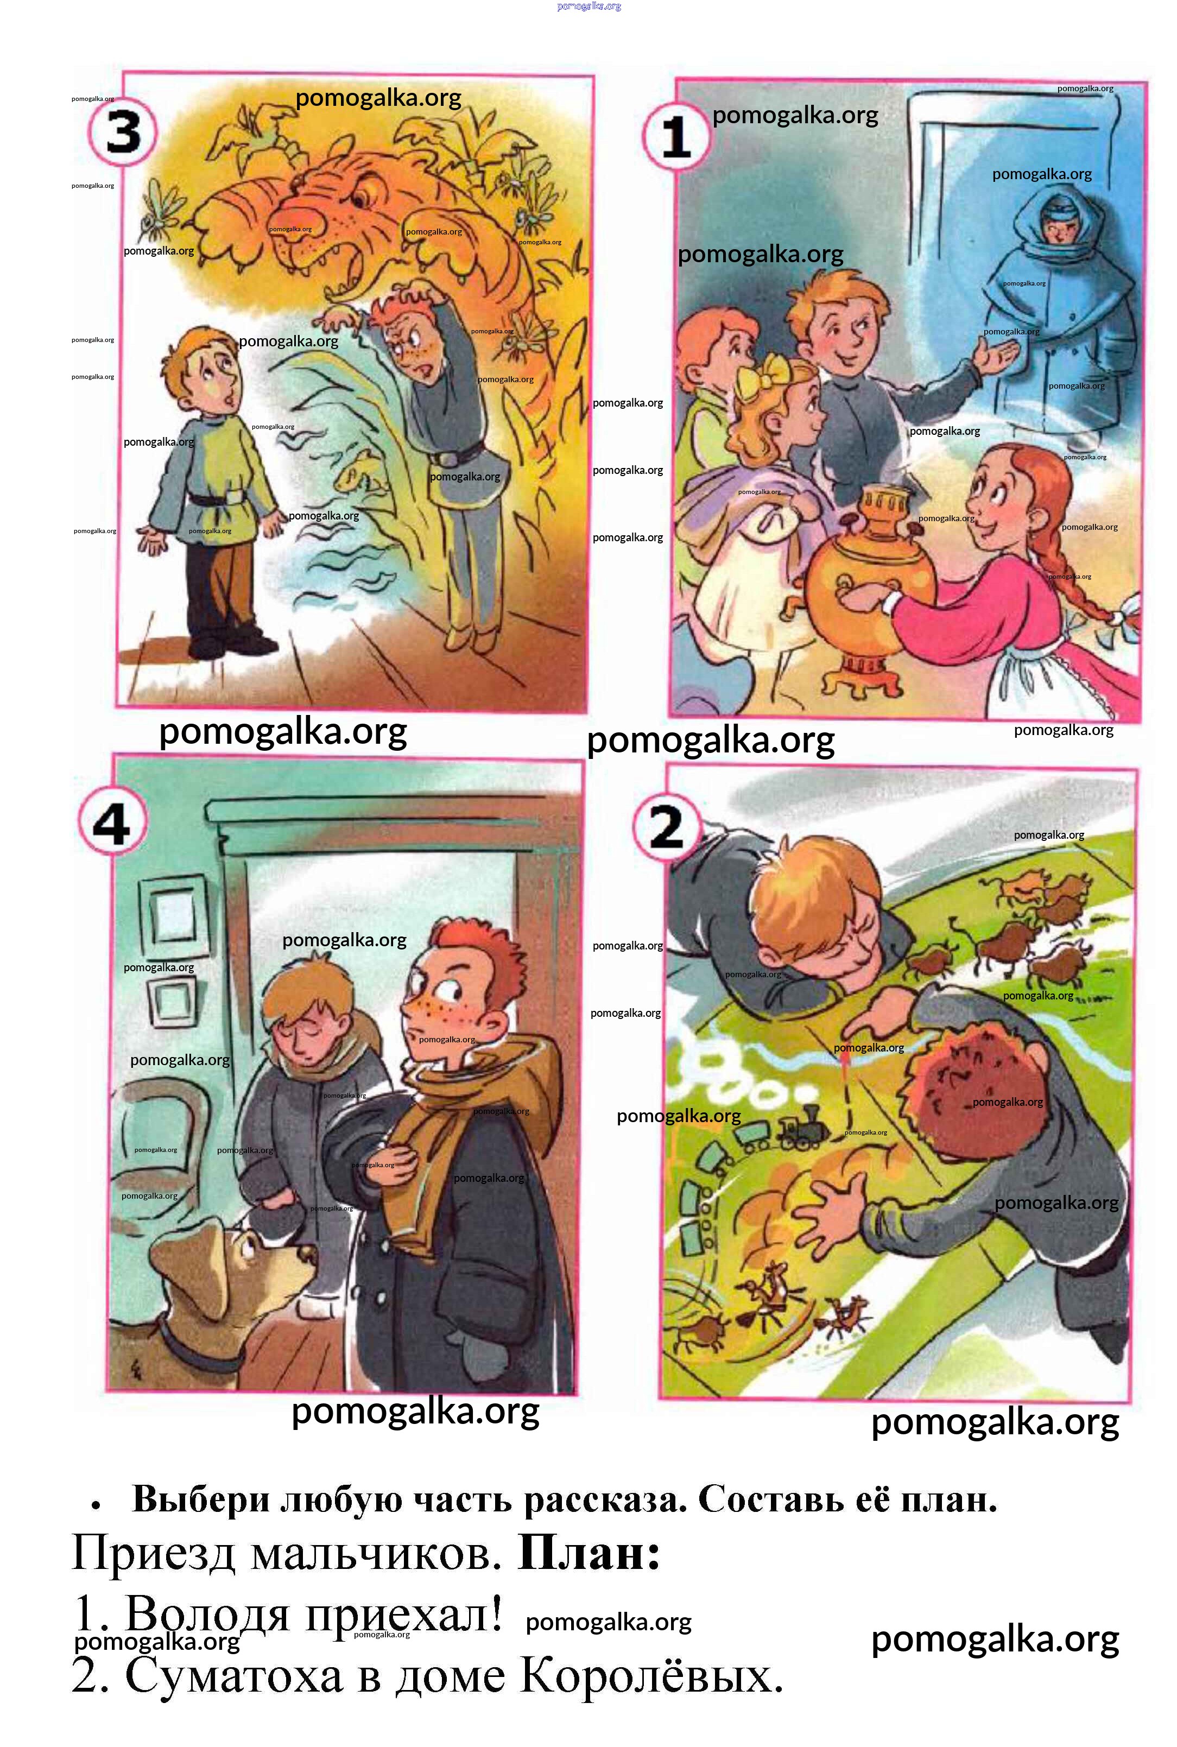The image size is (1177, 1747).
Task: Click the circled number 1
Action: click(x=676, y=137)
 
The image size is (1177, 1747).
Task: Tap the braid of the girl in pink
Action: click(x=1081, y=555)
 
